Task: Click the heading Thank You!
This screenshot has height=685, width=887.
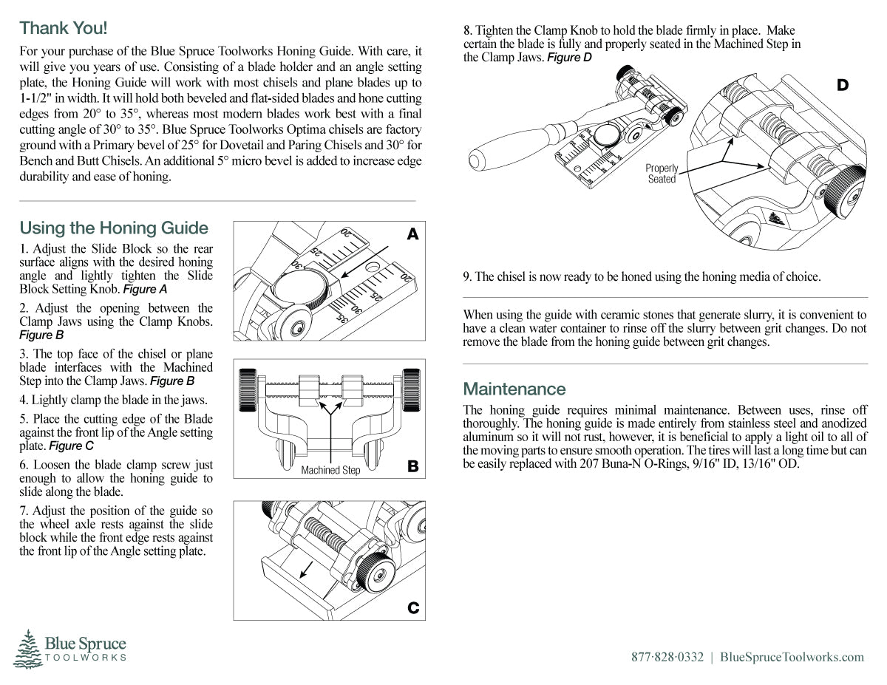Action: [x=64, y=28]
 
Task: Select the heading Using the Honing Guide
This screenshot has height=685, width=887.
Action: [x=114, y=228]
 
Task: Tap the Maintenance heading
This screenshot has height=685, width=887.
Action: [x=514, y=389]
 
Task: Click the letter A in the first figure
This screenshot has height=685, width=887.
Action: [x=412, y=234]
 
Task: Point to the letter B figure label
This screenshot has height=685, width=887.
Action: [x=412, y=466]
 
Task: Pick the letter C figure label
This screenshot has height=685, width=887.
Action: [x=413, y=608]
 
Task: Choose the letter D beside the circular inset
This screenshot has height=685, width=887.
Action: [x=843, y=85]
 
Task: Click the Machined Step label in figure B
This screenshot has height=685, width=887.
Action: [x=330, y=471]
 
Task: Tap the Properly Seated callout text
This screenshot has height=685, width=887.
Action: [x=662, y=174]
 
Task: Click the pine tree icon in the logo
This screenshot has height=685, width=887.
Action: [x=28, y=649]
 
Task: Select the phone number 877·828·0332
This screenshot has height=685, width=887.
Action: [x=667, y=657]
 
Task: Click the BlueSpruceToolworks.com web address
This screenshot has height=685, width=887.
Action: [x=792, y=657]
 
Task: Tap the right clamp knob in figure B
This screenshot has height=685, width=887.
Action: [x=412, y=389]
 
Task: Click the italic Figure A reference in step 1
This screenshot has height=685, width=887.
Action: [x=145, y=289]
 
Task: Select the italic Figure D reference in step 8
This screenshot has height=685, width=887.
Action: [x=569, y=58]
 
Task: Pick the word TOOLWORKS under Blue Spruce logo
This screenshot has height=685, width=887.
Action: [x=86, y=657]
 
